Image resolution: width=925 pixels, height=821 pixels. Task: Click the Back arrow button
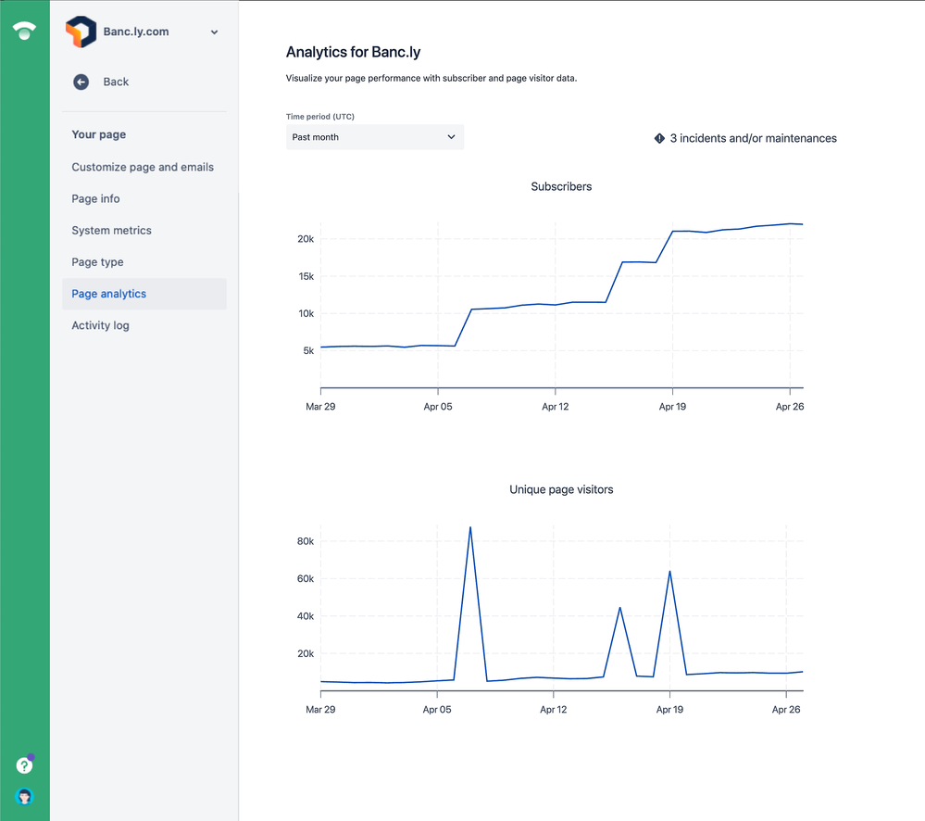click(x=81, y=82)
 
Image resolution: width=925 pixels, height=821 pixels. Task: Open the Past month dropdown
click(x=374, y=137)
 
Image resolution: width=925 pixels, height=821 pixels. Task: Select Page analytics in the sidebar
click(x=109, y=294)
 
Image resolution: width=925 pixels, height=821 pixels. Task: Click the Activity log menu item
click(x=100, y=325)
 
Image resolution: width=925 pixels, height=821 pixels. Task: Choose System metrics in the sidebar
click(x=111, y=231)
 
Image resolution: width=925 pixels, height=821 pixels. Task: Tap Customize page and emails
click(x=143, y=168)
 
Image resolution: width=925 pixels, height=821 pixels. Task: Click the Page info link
click(x=95, y=199)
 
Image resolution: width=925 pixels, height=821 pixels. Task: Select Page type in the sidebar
click(x=97, y=262)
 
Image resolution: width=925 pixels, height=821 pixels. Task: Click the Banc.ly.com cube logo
click(x=81, y=32)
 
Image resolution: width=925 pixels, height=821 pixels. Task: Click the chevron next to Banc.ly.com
click(x=214, y=32)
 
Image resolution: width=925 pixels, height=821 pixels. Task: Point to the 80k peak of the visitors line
click(x=470, y=528)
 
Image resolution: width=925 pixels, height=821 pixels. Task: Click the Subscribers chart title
click(x=561, y=186)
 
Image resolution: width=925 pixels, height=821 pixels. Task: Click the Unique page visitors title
click(x=561, y=489)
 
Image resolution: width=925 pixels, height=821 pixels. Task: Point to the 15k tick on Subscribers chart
click(x=305, y=276)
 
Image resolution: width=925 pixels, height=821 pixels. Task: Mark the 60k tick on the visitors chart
click(x=305, y=578)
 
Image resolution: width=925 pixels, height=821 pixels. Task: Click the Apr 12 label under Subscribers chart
click(x=555, y=407)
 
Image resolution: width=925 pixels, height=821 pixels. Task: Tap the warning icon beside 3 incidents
click(x=659, y=138)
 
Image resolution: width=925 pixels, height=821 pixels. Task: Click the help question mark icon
click(x=25, y=765)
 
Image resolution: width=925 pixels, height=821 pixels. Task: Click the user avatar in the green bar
click(x=25, y=796)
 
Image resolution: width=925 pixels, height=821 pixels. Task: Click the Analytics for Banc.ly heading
click(x=353, y=53)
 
